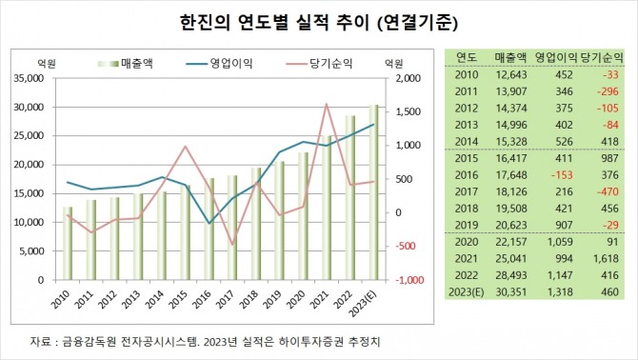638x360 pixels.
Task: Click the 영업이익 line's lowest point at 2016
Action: point(209,224)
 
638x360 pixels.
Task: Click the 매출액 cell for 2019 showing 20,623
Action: point(510,225)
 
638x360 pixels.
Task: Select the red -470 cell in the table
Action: point(606,191)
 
